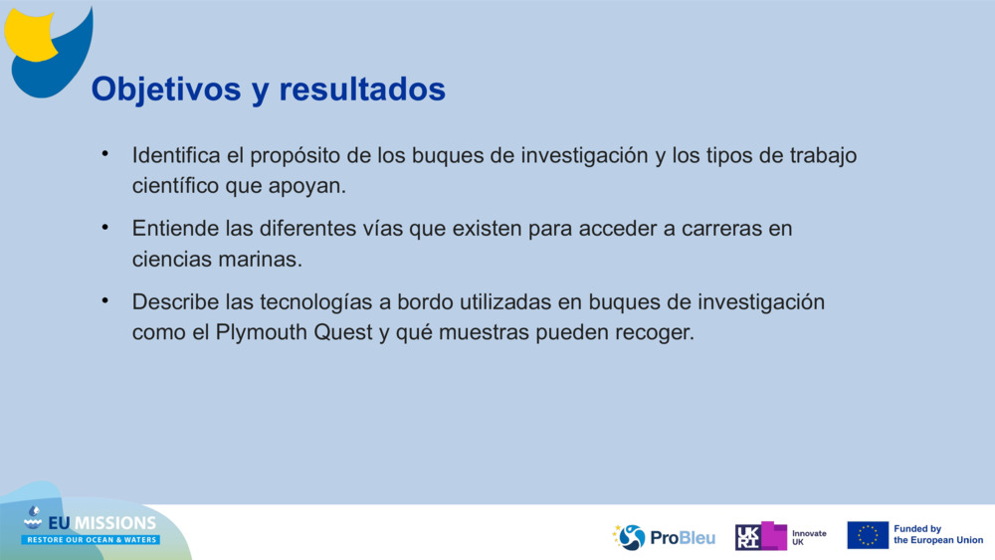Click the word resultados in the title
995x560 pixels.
click(362, 90)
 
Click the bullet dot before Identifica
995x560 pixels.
click(104, 154)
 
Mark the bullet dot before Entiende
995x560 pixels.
click(104, 227)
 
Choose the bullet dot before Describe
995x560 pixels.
click(104, 300)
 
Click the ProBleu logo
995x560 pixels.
click(665, 537)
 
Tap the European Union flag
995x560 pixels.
click(868, 535)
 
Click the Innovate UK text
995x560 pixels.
click(809, 537)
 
